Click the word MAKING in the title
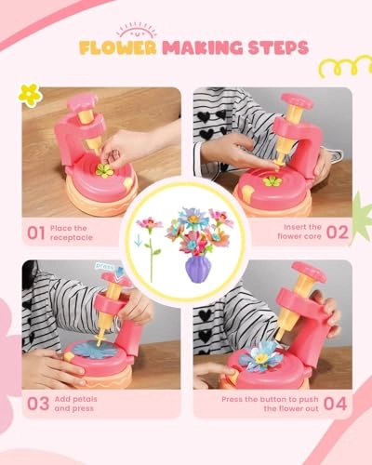pos(197,46)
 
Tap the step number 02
pos(337,231)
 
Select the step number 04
pos(337,403)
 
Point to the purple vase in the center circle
pos(197,267)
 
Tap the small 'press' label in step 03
pos(104,264)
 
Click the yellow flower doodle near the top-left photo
pos(31,95)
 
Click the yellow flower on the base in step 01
pos(104,171)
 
